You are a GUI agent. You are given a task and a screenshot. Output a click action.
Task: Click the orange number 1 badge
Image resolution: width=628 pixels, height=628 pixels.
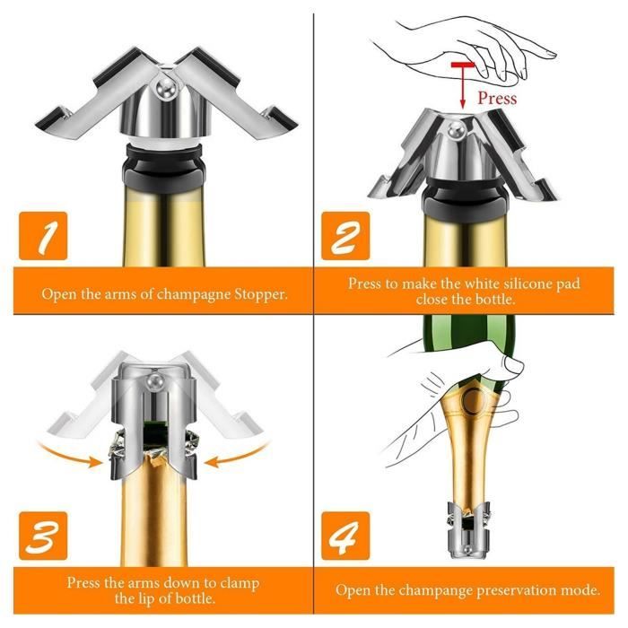(x=43, y=236)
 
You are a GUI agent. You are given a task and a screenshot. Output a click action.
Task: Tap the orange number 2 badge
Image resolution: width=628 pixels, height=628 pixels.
(x=345, y=236)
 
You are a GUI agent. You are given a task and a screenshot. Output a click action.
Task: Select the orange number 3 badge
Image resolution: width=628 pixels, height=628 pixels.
(x=43, y=536)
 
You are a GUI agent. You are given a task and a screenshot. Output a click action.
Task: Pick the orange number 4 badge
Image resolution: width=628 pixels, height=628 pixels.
(x=345, y=536)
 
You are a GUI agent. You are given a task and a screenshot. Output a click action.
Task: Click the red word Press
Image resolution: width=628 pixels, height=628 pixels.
(x=497, y=98)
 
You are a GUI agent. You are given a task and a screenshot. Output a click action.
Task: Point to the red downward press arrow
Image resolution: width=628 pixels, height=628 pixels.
(x=463, y=85)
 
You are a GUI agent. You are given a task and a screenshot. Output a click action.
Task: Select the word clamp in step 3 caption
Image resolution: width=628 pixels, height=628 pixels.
(x=240, y=583)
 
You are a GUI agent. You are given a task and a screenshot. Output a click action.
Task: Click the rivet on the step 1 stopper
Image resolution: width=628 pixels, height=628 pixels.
(x=165, y=86)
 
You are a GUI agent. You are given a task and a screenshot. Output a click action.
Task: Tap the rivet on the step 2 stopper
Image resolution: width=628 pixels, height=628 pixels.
(x=455, y=129)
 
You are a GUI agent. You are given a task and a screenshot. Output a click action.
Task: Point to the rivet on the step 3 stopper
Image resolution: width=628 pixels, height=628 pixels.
(x=153, y=380)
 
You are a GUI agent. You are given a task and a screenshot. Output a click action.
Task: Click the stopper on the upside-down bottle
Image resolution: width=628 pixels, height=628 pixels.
(x=468, y=530)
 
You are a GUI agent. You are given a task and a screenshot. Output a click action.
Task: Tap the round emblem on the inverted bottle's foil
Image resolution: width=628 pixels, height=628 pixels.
(x=474, y=400)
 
